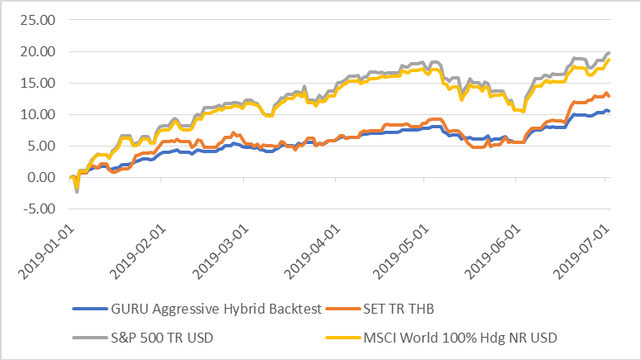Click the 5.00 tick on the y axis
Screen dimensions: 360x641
tap(41, 146)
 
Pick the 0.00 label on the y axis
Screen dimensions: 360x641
tap(41, 177)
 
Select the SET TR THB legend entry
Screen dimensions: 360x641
tap(399, 310)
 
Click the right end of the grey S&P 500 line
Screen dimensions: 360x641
tap(610, 53)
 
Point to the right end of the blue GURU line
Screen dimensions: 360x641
tap(610, 111)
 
